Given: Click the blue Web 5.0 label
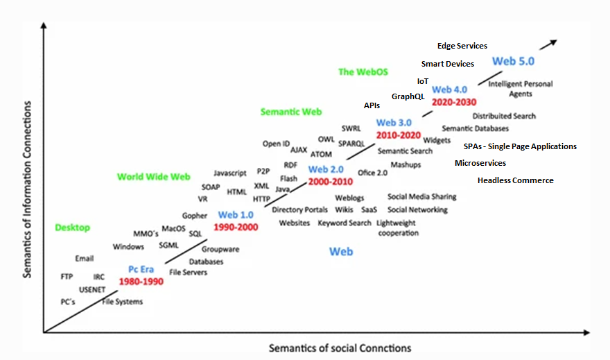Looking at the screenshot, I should click(513, 61).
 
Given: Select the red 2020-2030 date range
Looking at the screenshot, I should click(454, 101).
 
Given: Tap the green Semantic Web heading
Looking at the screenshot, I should click(291, 112).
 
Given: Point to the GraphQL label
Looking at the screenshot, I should click(408, 96).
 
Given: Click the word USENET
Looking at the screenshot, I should click(91, 289).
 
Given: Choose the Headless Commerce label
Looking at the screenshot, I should click(516, 180).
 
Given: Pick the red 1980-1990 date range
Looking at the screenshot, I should click(141, 282).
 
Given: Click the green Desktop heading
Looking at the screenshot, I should click(73, 228).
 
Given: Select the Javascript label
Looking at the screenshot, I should click(230, 173).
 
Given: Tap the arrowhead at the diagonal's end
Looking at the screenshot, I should click(552, 42).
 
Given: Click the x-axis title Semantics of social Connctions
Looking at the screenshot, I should click(340, 348).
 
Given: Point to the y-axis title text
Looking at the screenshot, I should click(27, 189).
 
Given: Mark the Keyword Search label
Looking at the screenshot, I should click(345, 223).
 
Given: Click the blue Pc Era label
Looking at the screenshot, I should click(141, 269).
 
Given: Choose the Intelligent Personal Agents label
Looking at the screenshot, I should click(521, 89).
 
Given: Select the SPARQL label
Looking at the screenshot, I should click(351, 144).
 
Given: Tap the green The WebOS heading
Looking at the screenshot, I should click(363, 71).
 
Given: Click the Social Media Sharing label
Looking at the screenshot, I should click(421, 197).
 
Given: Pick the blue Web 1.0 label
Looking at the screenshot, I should click(237, 215).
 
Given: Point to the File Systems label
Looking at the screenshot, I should click(123, 302).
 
